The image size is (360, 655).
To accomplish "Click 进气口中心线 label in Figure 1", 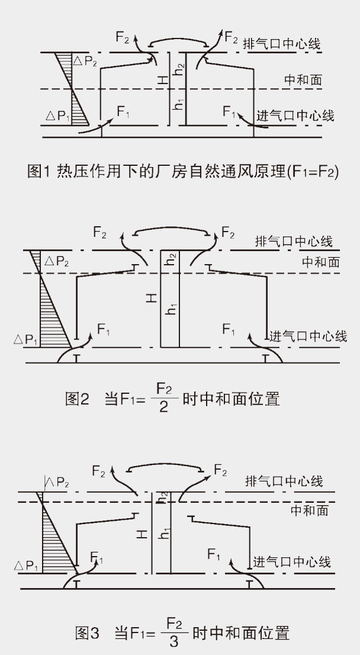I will pyautogui.click(x=295, y=115).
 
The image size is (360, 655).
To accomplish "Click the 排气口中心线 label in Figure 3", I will pyautogui.click(x=284, y=481).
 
